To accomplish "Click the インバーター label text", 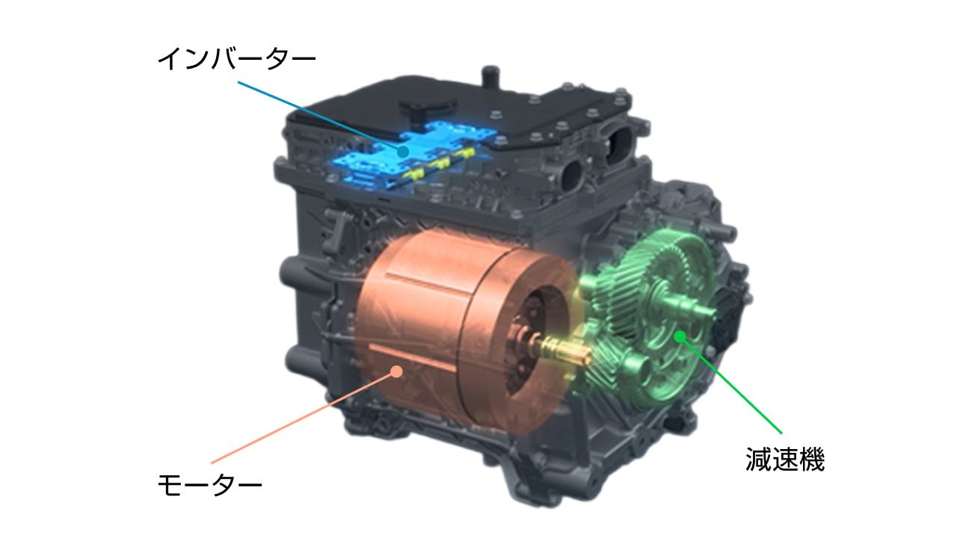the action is pyautogui.click(x=237, y=58).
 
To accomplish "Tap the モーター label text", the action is pyautogui.click(x=210, y=485).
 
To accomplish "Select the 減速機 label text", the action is pyautogui.click(x=785, y=460).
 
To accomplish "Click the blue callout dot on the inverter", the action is pyautogui.click(x=402, y=151).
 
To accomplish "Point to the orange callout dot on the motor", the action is pyautogui.click(x=397, y=371).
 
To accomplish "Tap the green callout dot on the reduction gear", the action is pyautogui.click(x=680, y=337).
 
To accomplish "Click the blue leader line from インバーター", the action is pyautogui.click(x=320, y=116).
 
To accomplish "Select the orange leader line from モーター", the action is pyautogui.click(x=304, y=417).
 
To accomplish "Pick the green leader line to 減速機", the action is pyautogui.click(x=730, y=385).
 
